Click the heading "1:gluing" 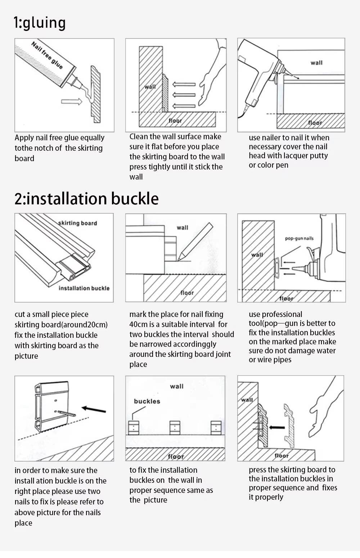click(40, 23)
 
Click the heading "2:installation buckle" click(86, 199)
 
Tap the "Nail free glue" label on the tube click(47, 55)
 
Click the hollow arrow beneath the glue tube click(72, 101)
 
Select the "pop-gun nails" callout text click(299, 239)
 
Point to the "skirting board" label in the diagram click(77, 223)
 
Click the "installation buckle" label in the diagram click(84, 288)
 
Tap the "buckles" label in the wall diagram click(147, 401)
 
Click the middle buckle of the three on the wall click(175, 428)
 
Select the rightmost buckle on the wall click(216, 428)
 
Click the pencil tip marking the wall click(179, 260)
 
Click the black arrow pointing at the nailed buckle click(94, 409)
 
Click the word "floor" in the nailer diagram click(315, 123)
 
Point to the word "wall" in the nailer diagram click(316, 63)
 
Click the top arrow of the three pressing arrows click(184, 84)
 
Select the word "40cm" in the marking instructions click(138, 325)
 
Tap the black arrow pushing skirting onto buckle click(277, 427)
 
